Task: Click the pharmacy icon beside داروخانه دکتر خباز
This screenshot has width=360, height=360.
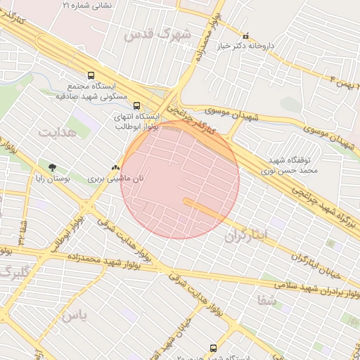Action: click(x=245, y=36)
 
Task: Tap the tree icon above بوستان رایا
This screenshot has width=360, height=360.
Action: click(x=53, y=167)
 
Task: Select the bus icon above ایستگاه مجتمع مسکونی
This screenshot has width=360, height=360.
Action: click(x=90, y=75)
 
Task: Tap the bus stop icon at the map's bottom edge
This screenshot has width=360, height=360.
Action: click(x=214, y=348)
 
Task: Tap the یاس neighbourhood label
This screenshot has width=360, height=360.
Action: click(x=74, y=316)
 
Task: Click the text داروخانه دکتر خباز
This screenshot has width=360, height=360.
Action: click(x=284, y=45)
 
